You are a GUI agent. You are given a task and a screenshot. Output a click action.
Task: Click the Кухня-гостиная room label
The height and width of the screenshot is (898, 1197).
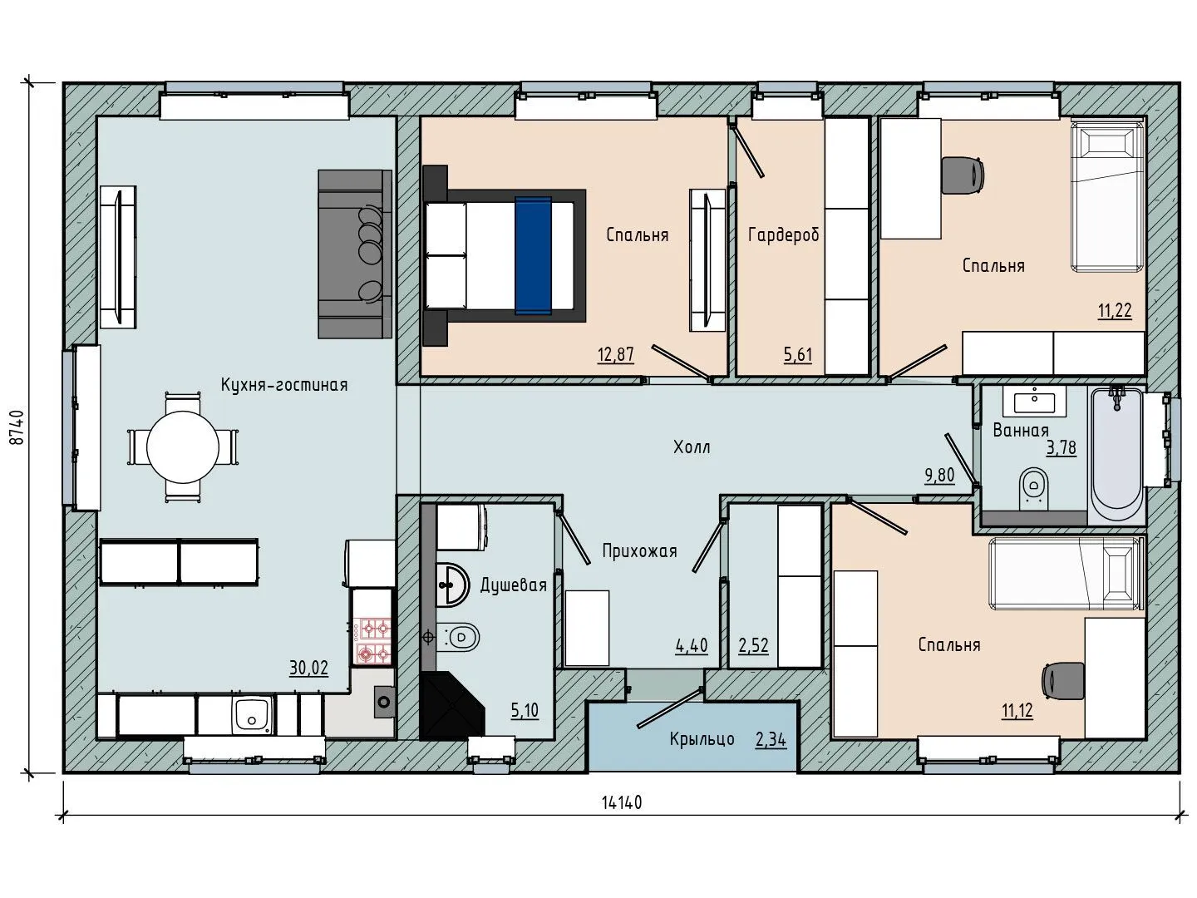[284, 385]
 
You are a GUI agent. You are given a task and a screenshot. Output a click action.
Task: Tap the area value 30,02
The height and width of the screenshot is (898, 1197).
[308, 668]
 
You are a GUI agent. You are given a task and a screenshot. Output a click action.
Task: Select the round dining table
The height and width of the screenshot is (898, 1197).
[183, 447]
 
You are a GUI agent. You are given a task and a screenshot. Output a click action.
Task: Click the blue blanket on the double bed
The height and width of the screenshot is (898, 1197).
[533, 255]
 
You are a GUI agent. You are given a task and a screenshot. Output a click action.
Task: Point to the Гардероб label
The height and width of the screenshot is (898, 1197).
[784, 235]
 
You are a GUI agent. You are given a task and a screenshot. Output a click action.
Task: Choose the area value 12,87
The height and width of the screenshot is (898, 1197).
[616, 355]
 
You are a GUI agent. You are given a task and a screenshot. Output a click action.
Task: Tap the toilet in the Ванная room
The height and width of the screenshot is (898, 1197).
[1033, 486]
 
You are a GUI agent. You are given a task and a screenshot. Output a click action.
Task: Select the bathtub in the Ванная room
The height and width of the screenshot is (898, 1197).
[1116, 454]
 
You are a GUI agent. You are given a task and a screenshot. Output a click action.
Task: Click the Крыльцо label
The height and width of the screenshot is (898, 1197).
[702, 739]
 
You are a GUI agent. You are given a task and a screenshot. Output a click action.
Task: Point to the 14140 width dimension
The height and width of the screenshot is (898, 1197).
[622, 802]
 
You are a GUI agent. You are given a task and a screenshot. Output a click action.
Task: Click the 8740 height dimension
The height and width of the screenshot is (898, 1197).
[17, 428]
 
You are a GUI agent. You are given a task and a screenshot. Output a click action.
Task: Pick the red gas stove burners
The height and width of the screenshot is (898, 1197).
[372, 640]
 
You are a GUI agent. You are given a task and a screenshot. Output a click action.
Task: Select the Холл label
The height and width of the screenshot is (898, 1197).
[692, 447]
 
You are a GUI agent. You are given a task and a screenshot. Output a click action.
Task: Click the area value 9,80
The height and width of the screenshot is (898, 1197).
[939, 476]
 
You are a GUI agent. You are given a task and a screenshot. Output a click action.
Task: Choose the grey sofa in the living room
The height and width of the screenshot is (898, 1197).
[355, 254]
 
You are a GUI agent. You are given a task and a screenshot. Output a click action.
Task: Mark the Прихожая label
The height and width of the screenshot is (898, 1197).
[640, 551]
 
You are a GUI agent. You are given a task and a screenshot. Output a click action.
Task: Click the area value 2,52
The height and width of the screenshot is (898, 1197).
[754, 645]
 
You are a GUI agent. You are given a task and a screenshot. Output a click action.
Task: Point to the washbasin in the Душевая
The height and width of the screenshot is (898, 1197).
[453, 585]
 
